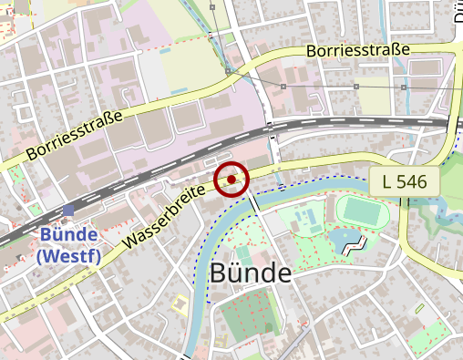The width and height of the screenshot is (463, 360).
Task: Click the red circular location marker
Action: pyautogui.click(x=231, y=180)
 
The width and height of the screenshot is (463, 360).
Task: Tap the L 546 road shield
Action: pyautogui.click(x=405, y=180)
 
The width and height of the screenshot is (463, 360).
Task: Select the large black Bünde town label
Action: pyautogui.click(x=250, y=273)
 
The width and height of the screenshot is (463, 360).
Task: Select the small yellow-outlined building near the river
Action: pyautogui.click(x=180, y=303)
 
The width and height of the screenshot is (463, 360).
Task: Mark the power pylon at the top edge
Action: pyautogui.click(x=213, y=6)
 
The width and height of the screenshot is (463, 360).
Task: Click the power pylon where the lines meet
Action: pyautogui.click(x=227, y=70)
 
